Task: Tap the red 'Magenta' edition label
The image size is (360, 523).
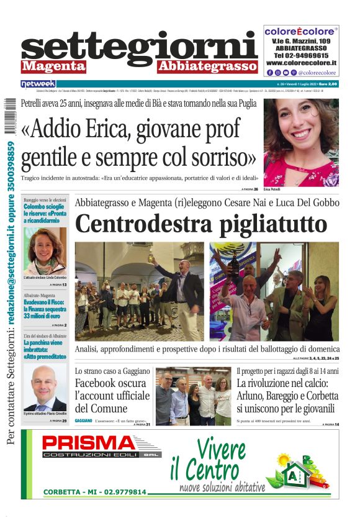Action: (x=53, y=66)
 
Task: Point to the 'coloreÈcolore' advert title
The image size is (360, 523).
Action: (x=301, y=30)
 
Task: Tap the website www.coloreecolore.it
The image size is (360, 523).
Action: (x=301, y=63)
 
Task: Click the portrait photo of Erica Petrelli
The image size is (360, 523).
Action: (x=301, y=142)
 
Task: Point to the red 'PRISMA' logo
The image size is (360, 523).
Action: (x=93, y=443)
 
